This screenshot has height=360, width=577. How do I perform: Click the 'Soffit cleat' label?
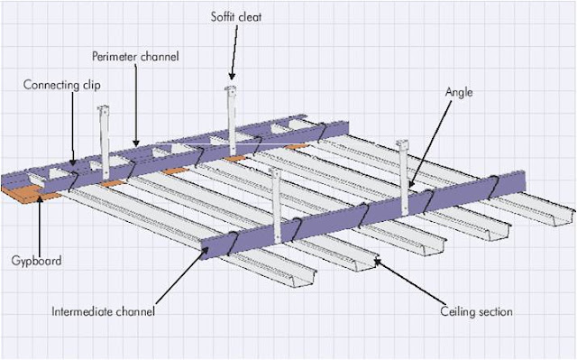pos(236,17)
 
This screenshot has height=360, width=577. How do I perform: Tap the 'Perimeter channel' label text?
pos(135,56)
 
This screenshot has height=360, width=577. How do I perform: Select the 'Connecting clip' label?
pos(62,85)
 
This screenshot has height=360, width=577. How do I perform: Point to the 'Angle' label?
pos(459,92)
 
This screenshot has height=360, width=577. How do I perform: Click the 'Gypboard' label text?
pos(36,261)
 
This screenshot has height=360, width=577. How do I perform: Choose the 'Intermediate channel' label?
pos(103,311)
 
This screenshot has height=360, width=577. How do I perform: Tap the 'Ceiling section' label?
pos(476,311)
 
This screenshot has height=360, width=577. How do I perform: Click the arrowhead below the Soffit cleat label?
pos(232,76)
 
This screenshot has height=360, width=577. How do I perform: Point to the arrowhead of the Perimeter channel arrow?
pos(136,143)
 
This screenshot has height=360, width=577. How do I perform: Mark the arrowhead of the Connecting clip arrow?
pos(73,162)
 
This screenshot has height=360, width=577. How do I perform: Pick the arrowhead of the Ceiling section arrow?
pos(377,262)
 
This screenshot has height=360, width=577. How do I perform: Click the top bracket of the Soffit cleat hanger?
pos(231,88)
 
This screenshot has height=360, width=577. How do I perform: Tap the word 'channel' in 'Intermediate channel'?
pos(135,311)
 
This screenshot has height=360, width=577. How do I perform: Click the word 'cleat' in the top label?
pos(250,17)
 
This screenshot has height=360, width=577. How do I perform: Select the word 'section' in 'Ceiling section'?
pos(494,312)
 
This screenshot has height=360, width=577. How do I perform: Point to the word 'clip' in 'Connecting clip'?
pos(92,86)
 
